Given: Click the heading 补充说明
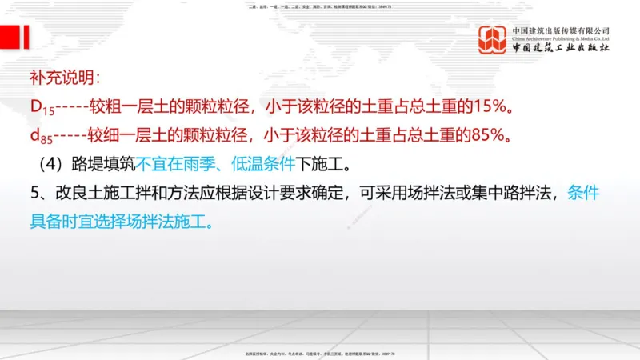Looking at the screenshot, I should [x=64, y=80].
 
